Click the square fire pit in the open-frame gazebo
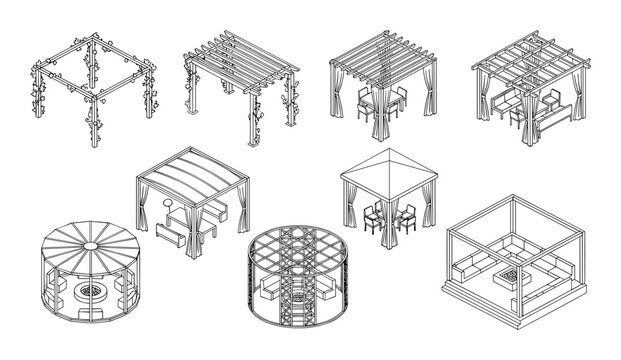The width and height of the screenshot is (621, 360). (x=513, y=273)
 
